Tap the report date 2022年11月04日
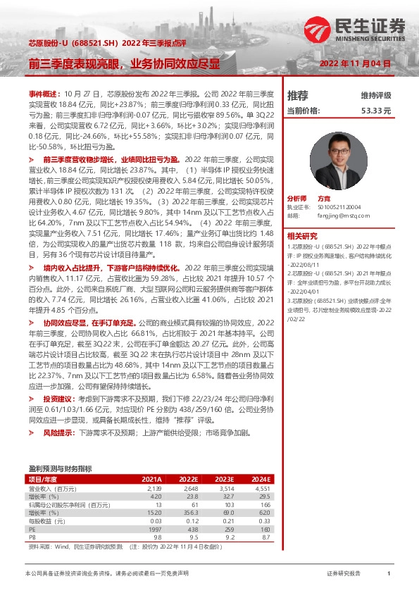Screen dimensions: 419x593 [355, 63]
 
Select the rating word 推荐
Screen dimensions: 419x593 [297, 95]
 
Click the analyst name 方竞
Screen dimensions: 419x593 [324, 199]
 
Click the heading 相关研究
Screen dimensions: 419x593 [302, 235]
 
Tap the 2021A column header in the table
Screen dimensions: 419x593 [151, 478]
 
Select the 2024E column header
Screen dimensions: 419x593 [261, 478]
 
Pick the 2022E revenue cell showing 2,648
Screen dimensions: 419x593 [189, 487]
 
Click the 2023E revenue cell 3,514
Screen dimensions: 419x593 [225, 487]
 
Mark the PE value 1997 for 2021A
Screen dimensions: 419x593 [154, 528]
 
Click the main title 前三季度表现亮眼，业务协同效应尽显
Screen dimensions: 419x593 [124, 63]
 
